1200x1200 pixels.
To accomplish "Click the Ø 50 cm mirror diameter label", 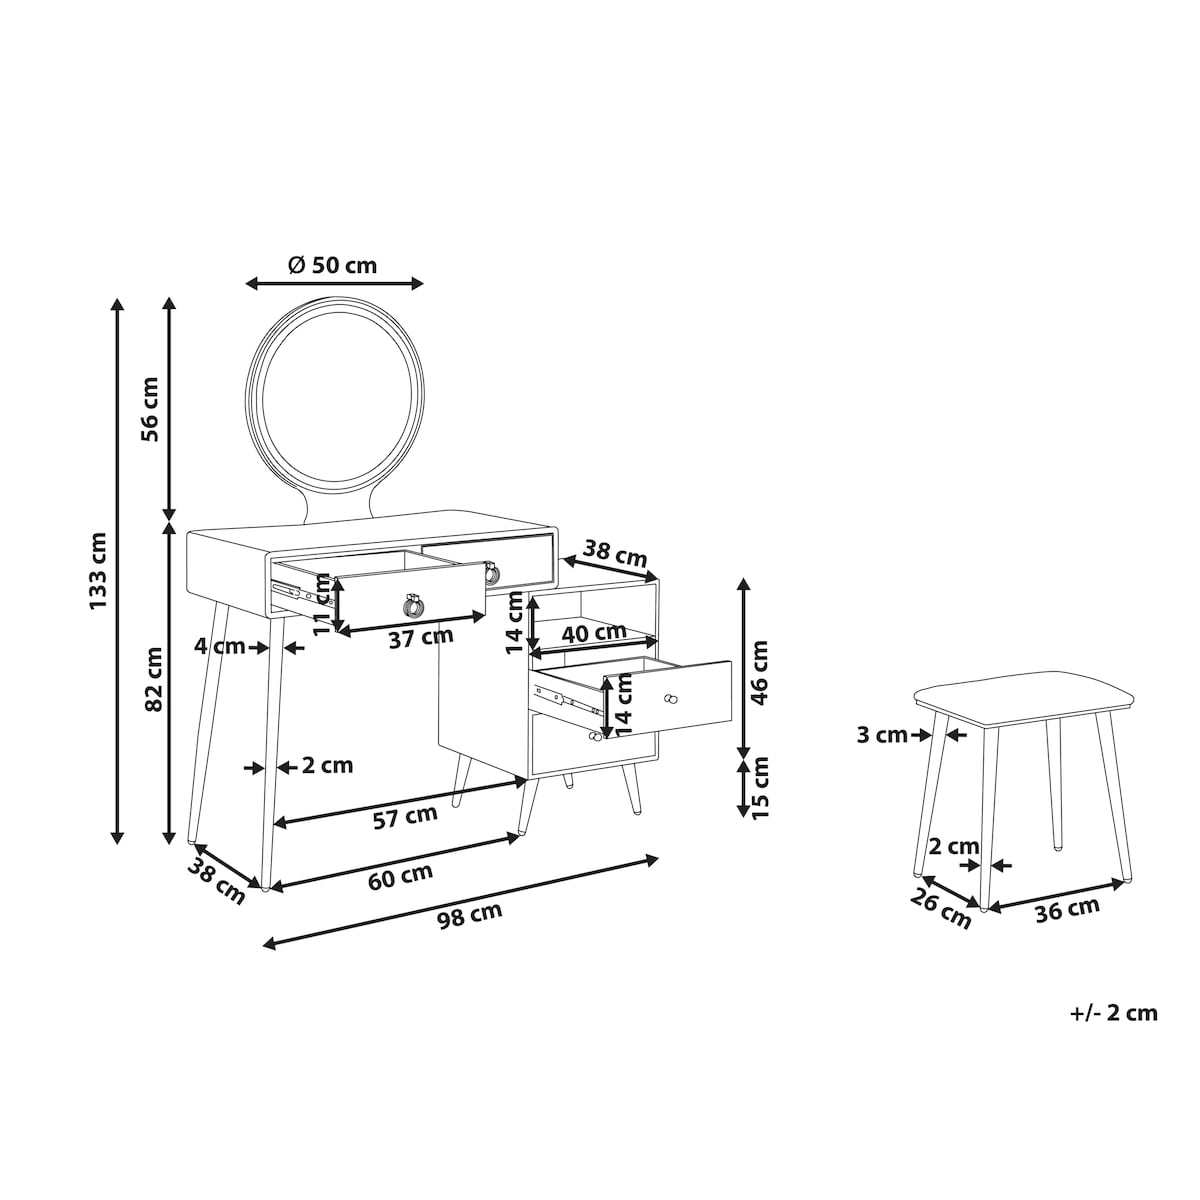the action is click(333, 265).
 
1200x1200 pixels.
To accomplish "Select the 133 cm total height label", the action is click(98, 570).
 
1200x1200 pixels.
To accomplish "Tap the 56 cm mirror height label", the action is click(149, 409).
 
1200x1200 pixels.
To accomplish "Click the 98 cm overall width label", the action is click(470, 915).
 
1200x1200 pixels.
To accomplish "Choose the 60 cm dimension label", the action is click(400, 877).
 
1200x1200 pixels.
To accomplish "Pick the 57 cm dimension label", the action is click(405, 817).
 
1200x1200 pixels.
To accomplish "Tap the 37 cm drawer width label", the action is click(421, 637).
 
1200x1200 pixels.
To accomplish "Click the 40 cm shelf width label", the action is click(593, 633).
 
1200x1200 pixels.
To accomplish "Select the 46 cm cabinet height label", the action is click(759, 673).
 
